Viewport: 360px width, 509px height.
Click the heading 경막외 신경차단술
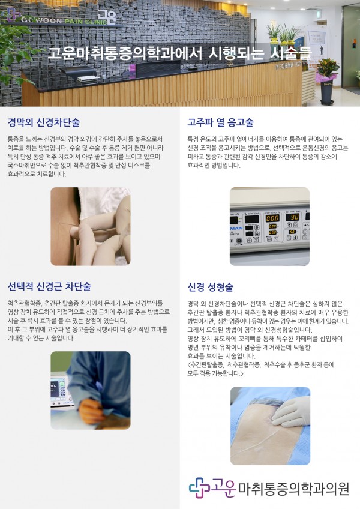click(x=44, y=122)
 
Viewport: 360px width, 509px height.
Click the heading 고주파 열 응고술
click(x=220, y=122)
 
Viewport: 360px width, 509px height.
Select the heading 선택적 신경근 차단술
click(x=49, y=286)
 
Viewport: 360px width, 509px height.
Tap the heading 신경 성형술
click(x=211, y=287)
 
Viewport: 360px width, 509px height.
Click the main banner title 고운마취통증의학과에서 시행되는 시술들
click(x=179, y=53)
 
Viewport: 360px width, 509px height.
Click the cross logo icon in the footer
click(x=199, y=487)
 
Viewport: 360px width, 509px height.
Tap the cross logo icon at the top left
click(x=13, y=14)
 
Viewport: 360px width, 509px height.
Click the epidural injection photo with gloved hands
click(x=91, y=226)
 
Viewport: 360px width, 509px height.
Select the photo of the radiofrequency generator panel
click(x=270, y=226)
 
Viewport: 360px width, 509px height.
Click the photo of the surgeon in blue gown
click(x=91, y=390)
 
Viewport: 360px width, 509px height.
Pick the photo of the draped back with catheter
click(x=270, y=426)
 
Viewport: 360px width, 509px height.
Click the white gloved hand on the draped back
click(x=289, y=412)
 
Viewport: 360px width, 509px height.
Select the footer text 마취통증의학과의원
click(x=294, y=489)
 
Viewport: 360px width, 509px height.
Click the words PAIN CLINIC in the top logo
click(x=86, y=22)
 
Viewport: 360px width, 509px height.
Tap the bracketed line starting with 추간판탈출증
click(x=261, y=369)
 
